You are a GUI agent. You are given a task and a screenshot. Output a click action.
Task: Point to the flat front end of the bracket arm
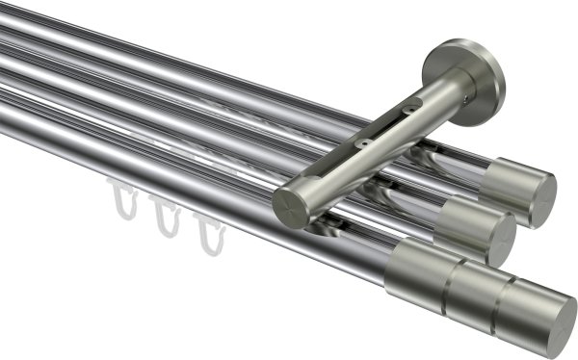click(x=290, y=203)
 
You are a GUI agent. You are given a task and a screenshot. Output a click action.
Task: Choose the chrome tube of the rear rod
click(x=193, y=58)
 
